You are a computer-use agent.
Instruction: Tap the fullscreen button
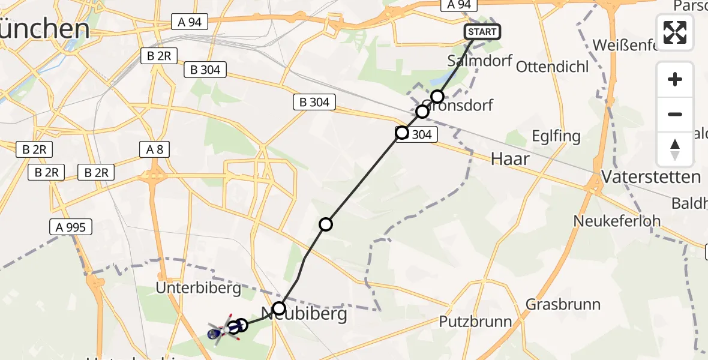[x=675, y=32]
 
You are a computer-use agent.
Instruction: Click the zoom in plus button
[x=675, y=79]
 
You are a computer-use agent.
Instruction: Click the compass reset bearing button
[x=675, y=149]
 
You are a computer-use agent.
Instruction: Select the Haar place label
[x=510, y=159]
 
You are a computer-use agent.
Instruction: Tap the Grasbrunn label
[x=563, y=304]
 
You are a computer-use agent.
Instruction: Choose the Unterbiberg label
[x=198, y=289]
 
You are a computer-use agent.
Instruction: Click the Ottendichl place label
[x=552, y=67]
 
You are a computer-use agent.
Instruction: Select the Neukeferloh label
[x=617, y=221]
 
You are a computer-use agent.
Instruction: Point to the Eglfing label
[x=556, y=136]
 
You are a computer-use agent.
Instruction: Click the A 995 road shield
[x=71, y=227]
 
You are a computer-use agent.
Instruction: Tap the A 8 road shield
[x=155, y=149]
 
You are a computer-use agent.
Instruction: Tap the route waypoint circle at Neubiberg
[x=279, y=309]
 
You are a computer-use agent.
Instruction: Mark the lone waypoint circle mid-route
[x=326, y=224]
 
